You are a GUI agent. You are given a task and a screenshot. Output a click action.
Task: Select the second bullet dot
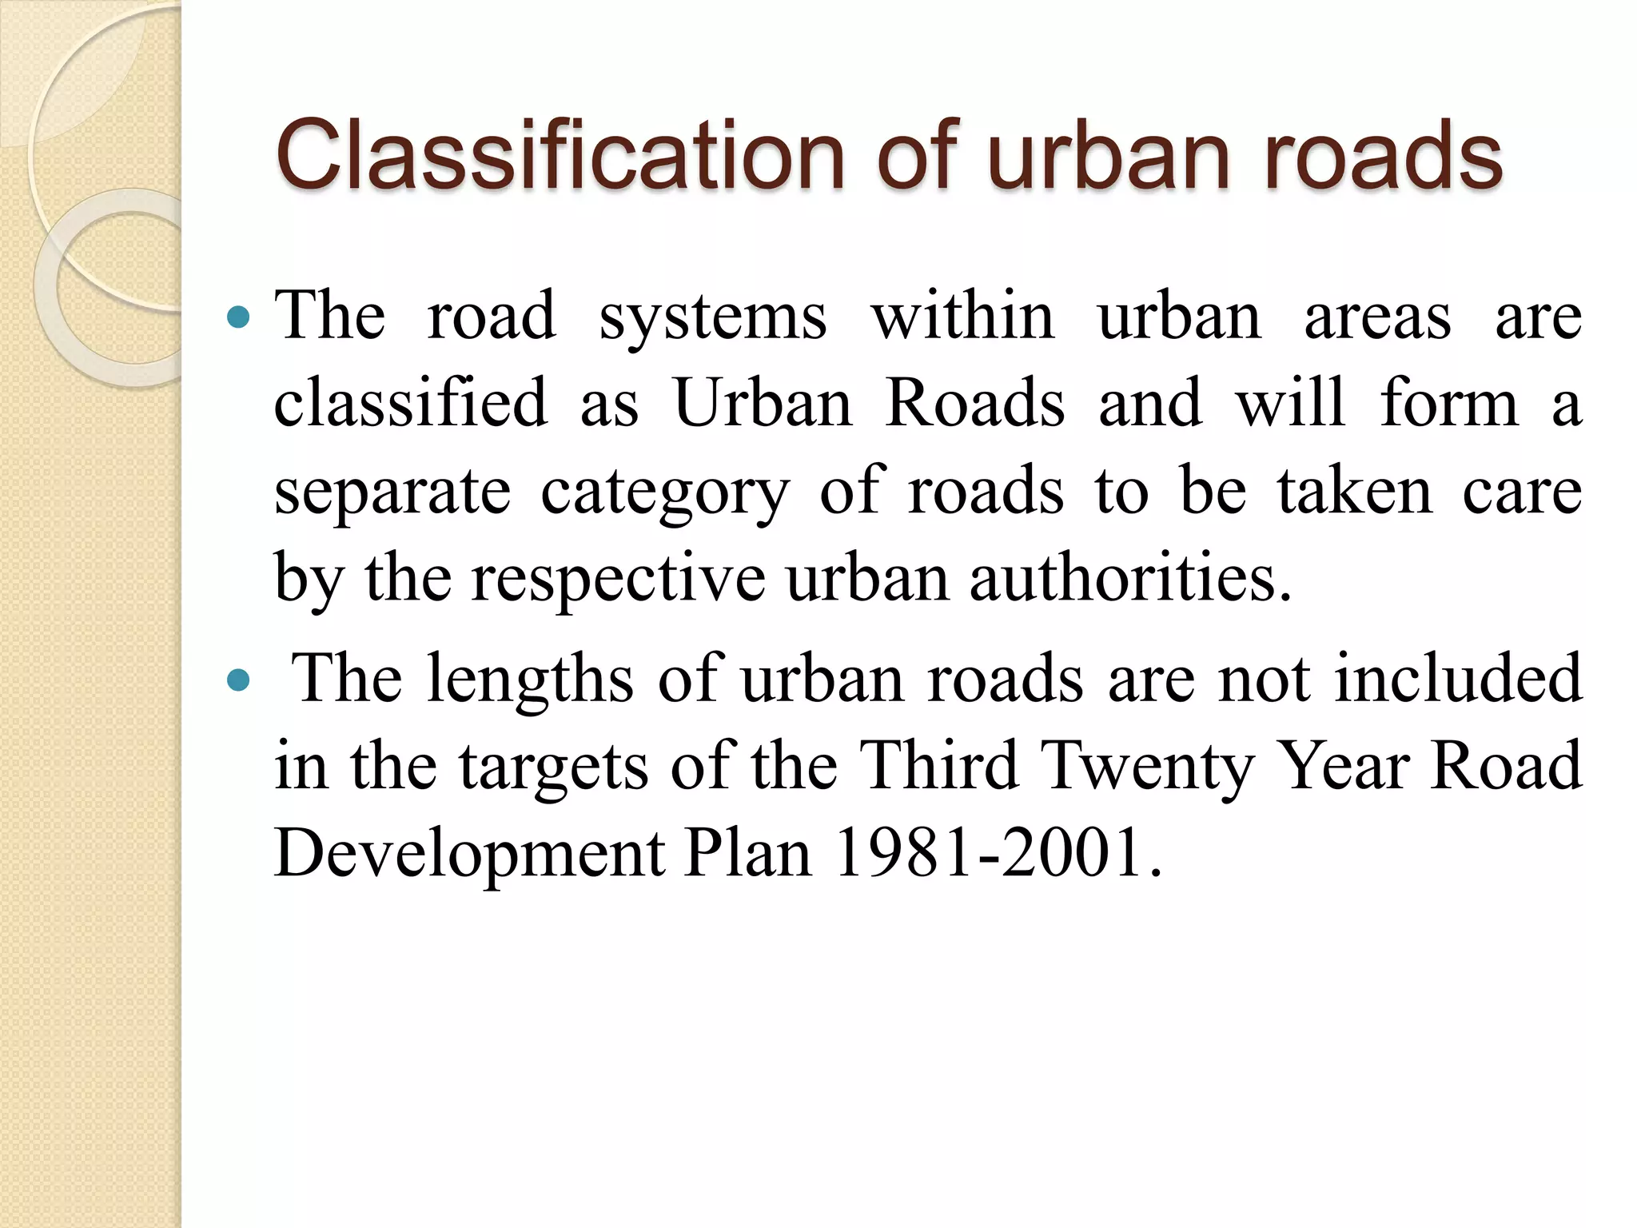(x=238, y=681)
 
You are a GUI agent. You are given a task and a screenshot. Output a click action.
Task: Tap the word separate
(x=392, y=492)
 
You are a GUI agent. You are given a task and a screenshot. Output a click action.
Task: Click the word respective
(x=618, y=578)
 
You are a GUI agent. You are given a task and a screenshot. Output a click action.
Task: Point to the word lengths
(x=530, y=680)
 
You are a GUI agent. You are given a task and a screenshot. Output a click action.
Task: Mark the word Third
(x=941, y=765)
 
